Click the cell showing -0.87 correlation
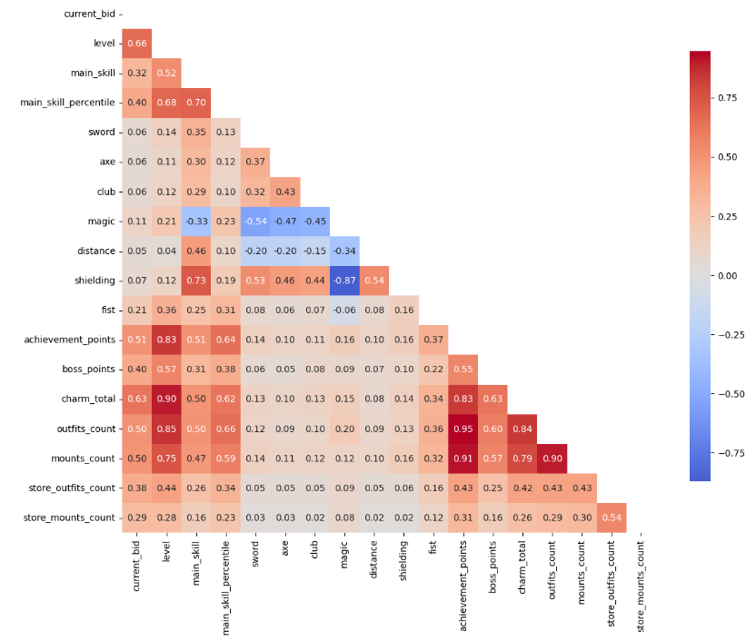coord(344,281)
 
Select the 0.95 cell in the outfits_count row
coord(463,429)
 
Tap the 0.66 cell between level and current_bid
coord(136,44)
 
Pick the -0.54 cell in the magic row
coord(255,222)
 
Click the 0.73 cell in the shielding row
coord(195,281)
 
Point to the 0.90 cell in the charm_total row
coord(166,399)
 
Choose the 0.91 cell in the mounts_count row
coord(463,459)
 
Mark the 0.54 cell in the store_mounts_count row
coord(611,518)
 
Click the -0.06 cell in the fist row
coord(344,311)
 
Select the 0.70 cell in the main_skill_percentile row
coord(195,103)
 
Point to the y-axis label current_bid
coord(89,14)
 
